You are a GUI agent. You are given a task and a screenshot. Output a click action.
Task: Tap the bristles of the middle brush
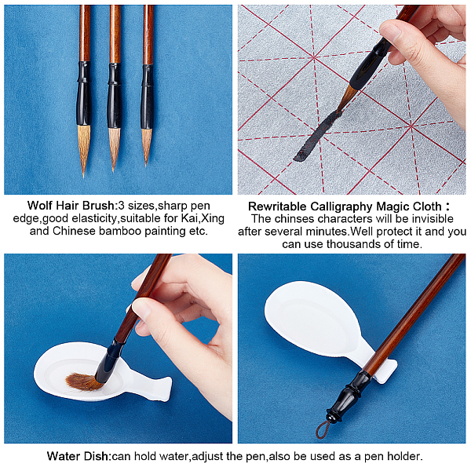coord(114,148)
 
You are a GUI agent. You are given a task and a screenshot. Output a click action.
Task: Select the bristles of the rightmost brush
coord(147,146)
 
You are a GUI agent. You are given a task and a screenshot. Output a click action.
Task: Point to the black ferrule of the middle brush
coord(115,96)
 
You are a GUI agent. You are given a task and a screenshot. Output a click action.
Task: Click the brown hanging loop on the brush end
coord(323,429)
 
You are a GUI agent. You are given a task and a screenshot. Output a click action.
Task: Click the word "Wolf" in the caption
coord(41,206)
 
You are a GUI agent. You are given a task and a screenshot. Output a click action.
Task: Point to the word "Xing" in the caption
coord(213,218)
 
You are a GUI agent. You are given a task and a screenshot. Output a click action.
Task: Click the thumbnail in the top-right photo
coord(389,30)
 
